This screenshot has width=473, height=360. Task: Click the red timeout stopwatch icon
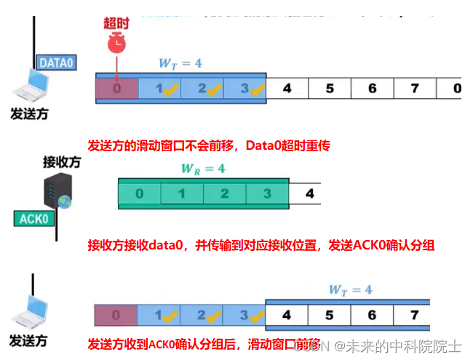[x=116, y=44]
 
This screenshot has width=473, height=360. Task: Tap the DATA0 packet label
[x=57, y=63]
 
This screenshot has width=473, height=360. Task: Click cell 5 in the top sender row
[x=330, y=89]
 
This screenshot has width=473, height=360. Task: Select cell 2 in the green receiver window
[x=225, y=194]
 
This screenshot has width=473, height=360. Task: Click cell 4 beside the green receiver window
[x=309, y=194]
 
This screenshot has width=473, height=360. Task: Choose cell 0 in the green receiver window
[x=140, y=194]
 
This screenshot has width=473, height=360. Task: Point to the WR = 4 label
[x=202, y=169]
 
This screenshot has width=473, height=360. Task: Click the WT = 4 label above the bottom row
[x=350, y=290]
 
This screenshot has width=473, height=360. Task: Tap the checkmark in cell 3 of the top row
[x=256, y=92]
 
